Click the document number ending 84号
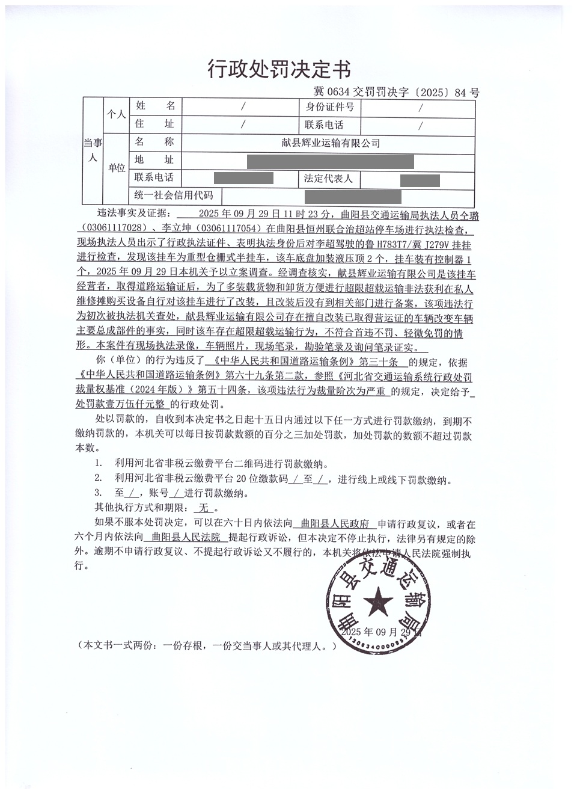396,93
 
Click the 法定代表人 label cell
328,179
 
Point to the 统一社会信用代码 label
174,196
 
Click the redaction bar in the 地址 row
330,161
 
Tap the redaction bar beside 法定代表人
420,180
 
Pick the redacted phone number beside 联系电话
243,178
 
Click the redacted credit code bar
353,196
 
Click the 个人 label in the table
116,114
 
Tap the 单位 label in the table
116,168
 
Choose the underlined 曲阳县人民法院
186,537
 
